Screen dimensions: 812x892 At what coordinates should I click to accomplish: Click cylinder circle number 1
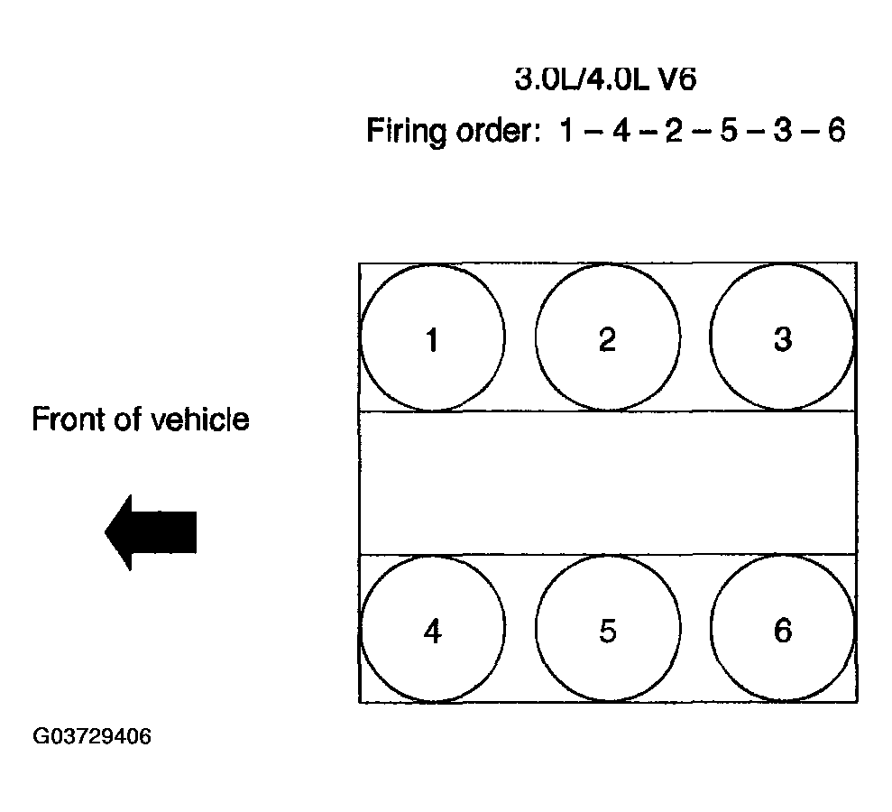[432, 338]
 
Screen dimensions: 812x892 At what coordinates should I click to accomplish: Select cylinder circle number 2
[607, 337]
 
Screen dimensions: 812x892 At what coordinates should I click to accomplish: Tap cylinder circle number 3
[782, 337]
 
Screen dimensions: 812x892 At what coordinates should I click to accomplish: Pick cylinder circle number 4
[432, 630]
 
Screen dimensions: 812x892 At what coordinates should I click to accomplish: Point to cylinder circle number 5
[607, 630]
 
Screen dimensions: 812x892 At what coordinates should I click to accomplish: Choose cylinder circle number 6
[782, 630]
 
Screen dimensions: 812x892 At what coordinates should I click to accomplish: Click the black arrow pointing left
[151, 531]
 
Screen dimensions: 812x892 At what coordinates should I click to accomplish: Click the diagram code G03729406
[92, 737]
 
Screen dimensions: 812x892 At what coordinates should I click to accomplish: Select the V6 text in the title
[676, 79]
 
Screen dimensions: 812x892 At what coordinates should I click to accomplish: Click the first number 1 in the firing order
[566, 133]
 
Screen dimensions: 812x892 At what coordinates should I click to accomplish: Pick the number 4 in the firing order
[621, 133]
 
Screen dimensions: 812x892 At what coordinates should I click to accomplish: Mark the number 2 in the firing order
[674, 133]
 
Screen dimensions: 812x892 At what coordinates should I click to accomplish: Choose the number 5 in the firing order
[727, 133]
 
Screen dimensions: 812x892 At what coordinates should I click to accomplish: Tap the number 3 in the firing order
[781, 133]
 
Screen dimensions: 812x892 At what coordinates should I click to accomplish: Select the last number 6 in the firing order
[835, 133]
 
